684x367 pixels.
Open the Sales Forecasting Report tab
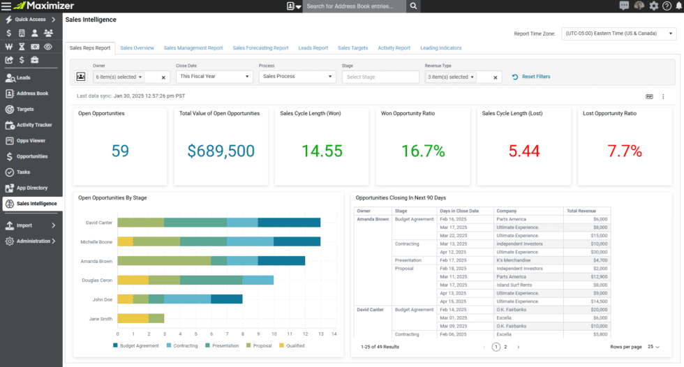click(260, 48)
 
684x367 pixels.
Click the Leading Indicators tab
click(440, 48)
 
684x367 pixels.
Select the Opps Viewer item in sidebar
click(31, 140)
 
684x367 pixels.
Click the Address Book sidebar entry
click(32, 93)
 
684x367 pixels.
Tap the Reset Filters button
click(531, 77)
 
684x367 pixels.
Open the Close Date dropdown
click(214, 77)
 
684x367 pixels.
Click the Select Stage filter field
click(380, 77)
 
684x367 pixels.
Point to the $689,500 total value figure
click(221, 151)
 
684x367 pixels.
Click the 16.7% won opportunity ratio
click(423, 151)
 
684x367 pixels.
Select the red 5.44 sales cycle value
click(524, 151)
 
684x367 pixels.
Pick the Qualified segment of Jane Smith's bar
click(133, 318)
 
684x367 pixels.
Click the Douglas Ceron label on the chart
click(98, 280)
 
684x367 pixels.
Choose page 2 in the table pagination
click(505, 347)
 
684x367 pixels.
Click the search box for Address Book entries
click(355, 6)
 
